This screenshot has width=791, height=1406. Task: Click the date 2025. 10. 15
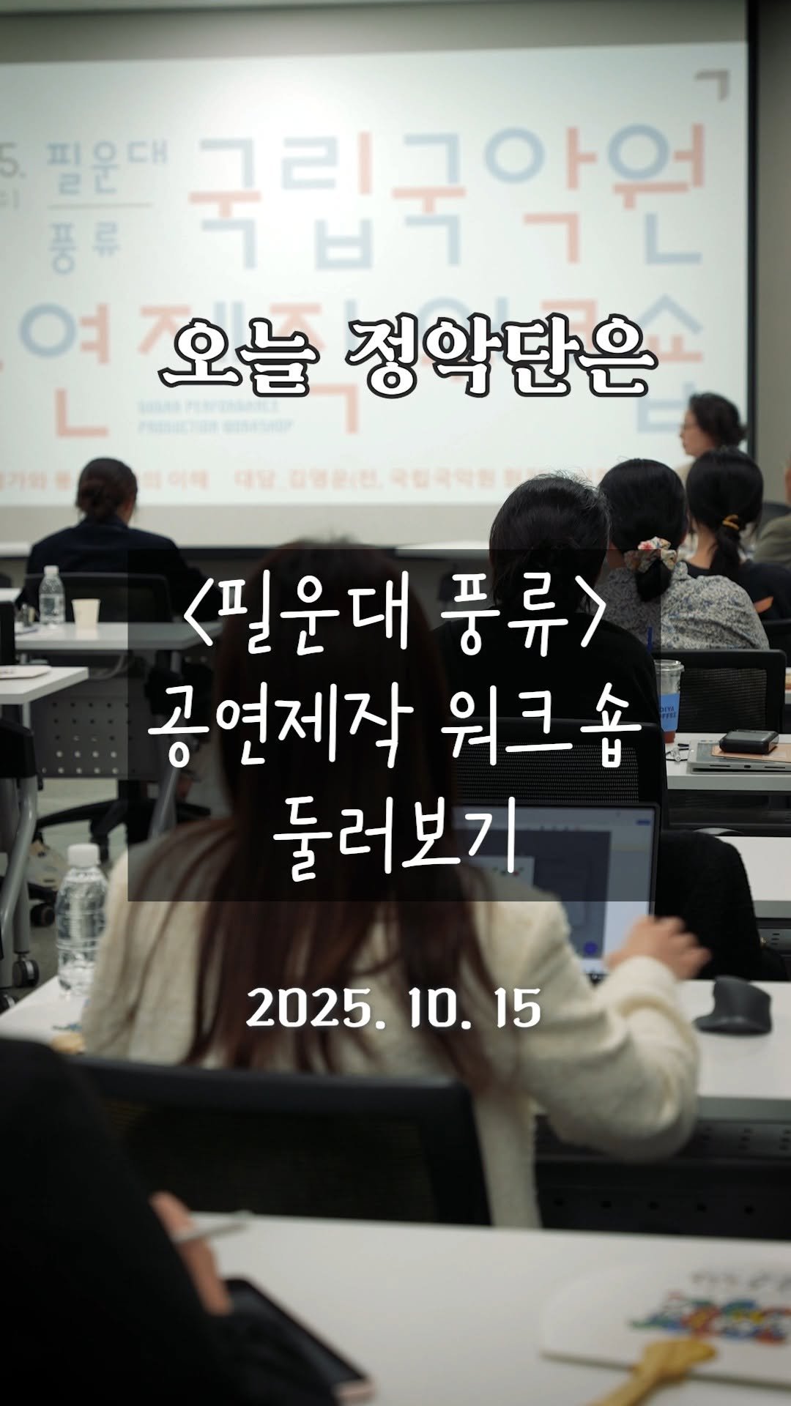[394, 1008]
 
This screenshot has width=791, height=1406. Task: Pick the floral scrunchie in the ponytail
[650, 554]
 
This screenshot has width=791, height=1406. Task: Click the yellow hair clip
[729, 522]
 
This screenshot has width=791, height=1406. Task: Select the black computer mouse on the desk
[732, 1005]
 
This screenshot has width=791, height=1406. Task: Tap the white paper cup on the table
[86, 614]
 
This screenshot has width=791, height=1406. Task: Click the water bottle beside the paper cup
[51, 596]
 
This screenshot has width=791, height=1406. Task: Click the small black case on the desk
[748, 741]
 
